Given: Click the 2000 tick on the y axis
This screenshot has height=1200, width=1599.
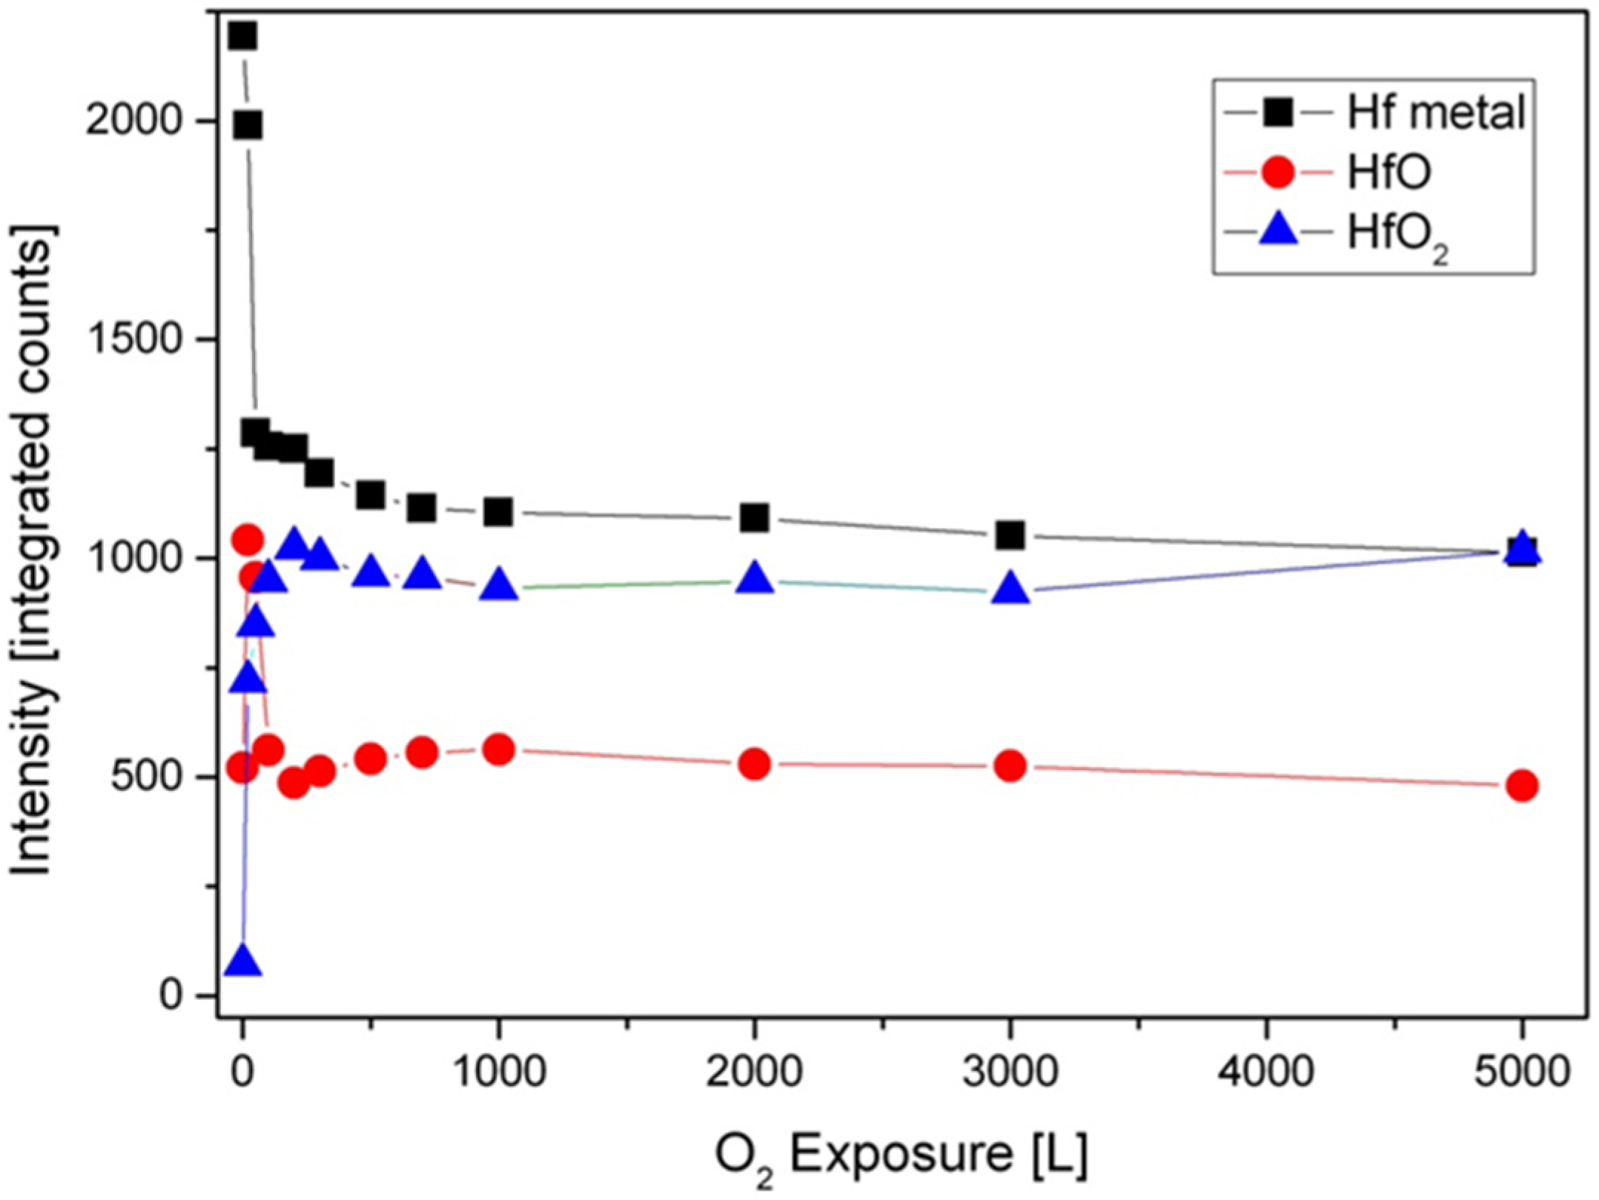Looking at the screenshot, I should (134, 120).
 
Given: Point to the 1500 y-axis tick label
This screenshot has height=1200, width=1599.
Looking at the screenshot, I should (134, 339).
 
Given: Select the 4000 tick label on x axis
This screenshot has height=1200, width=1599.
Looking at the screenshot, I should (1266, 1073).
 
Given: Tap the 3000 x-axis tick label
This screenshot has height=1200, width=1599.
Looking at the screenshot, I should (1010, 1073).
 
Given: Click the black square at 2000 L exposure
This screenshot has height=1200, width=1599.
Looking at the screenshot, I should (755, 518).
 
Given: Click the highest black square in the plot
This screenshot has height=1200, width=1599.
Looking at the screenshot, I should (242, 36).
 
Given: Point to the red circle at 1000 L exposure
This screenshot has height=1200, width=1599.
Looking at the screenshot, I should (499, 750).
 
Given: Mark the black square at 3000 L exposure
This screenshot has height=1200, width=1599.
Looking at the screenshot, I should (1010, 534).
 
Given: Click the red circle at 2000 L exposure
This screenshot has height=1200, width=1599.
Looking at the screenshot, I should (755, 763).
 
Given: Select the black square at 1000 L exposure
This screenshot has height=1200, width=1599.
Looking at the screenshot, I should (499, 511).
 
